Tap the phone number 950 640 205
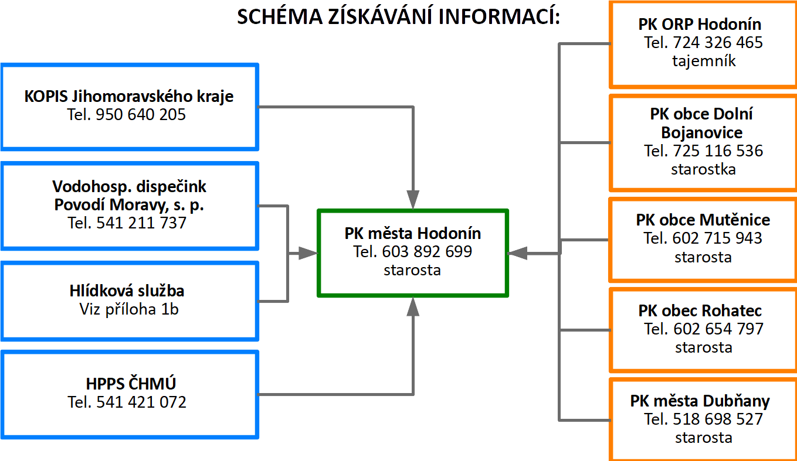tap(141, 114)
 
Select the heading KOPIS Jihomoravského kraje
tap(129, 97)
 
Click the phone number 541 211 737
tap(141, 223)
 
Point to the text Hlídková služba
tap(127, 291)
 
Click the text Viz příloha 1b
tap(129, 309)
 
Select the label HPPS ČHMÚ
tap(131, 384)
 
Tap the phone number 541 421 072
tap(141, 402)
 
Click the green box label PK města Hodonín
tap(413, 234)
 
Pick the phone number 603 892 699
tap(427, 252)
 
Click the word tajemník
tap(704, 61)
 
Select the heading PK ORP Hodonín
tap(700, 25)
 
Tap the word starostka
tap(703, 169)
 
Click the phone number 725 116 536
tap(718, 151)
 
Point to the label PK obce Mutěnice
tap(703, 220)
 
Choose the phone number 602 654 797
tap(718, 329)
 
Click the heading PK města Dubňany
tap(700, 401)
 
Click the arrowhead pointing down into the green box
tap(413, 200)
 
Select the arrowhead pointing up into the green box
tap(413, 307)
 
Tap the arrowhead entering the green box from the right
tap(518, 253)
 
